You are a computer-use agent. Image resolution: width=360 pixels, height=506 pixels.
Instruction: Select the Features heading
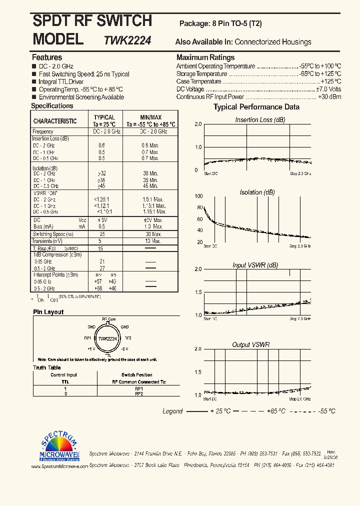coord(47,57)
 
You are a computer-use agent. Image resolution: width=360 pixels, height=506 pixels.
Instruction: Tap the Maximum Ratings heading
coord(205,57)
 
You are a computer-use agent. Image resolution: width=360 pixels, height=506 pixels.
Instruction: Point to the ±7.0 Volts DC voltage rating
coord(328,89)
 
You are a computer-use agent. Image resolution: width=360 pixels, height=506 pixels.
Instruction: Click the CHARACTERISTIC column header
coord(55,121)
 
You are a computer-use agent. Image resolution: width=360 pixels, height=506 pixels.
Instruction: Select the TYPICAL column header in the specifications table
coord(104,117)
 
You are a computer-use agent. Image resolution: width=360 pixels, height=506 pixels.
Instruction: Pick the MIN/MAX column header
coord(150,117)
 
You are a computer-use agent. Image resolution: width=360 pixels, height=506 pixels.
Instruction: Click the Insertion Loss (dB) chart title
coord(260,120)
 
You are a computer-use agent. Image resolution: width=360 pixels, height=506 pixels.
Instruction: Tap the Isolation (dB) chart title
coord(257,192)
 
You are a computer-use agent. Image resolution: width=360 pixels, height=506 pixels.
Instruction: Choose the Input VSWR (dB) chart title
coord(255,265)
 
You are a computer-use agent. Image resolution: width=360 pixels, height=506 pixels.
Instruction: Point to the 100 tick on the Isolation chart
coord(199,196)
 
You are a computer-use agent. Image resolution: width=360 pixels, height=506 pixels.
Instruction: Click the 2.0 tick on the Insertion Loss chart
coord(198,124)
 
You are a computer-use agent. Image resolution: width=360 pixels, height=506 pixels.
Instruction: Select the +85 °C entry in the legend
coord(274,411)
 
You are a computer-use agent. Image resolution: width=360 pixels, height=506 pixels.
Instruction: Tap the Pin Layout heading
coord(48,312)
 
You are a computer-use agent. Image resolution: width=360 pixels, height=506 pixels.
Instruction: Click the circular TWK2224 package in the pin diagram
coord(107,338)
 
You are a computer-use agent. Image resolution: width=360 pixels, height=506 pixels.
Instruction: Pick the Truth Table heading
coord(46,367)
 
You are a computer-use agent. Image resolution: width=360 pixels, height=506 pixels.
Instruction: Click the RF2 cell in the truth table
coord(139,393)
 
